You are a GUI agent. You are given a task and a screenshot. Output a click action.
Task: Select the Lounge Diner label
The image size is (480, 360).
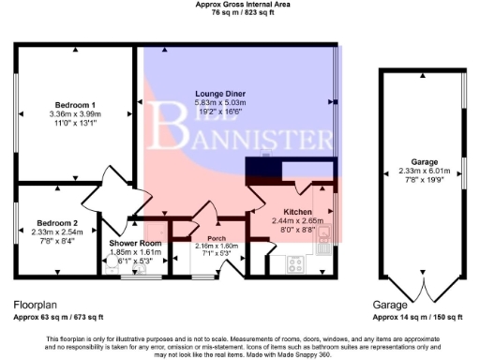221,94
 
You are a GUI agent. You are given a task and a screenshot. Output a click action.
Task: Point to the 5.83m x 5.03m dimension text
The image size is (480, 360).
221,102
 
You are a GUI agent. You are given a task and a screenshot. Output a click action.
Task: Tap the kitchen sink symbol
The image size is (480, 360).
323,237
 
